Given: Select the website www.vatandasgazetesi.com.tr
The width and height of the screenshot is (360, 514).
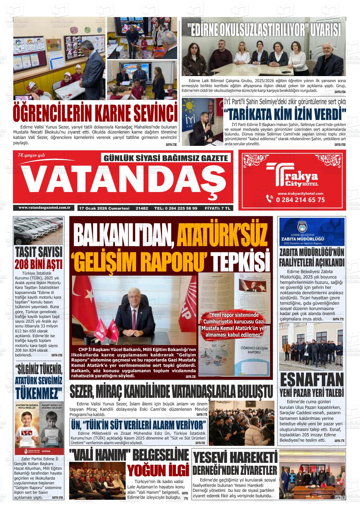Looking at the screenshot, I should point(44,207).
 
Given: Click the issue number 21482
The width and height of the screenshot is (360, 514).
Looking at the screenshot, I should point(142,208).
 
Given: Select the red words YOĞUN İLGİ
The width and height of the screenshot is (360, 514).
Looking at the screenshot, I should point(158,470).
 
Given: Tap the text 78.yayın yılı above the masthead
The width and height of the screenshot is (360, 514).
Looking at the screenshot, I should point(32,154).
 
